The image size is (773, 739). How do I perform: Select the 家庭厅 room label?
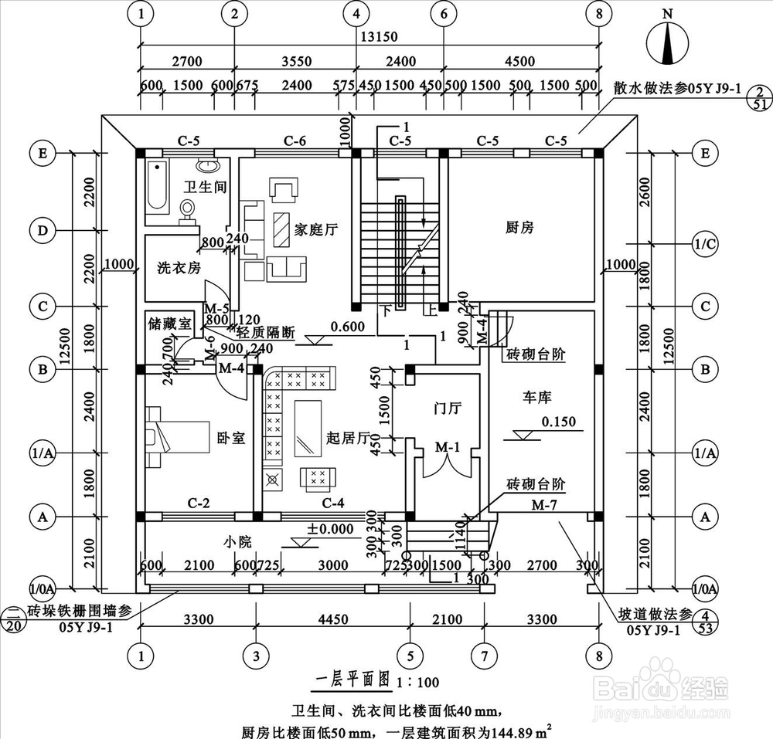(316, 229)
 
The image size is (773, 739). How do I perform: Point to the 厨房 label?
(520, 227)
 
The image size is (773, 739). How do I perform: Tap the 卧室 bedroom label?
(230, 438)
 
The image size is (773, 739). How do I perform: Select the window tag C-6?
(295, 141)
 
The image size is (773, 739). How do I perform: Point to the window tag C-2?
(199, 503)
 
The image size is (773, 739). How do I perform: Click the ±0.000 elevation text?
(330, 529)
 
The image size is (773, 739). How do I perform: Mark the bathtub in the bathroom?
(157, 186)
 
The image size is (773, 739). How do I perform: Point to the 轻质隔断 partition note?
(266, 333)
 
